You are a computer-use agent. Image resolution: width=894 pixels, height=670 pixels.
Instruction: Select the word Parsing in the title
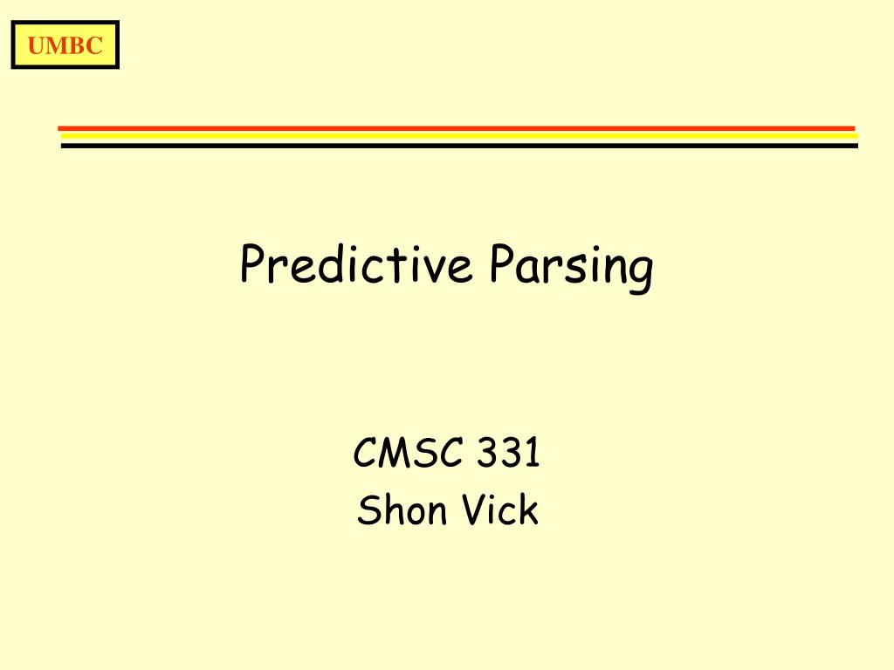(570, 266)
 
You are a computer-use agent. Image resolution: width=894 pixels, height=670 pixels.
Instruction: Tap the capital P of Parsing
(500, 263)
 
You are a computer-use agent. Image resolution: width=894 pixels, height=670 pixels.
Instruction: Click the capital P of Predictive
(251, 264)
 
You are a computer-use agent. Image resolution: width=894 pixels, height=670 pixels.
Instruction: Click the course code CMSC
(409, 455)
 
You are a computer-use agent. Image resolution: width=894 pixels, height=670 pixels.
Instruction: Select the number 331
(509, 455)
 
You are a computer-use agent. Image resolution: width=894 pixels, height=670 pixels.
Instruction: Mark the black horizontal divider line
(459, 146)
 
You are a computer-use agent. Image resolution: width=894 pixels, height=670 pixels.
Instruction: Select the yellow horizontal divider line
(459, 136)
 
